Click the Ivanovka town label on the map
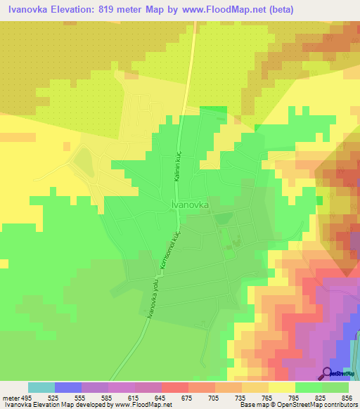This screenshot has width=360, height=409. point(191,204)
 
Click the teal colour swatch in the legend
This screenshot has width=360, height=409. point(41,387)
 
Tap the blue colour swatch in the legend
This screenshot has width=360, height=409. point(68,387)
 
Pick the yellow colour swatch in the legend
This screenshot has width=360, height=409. point(282,387)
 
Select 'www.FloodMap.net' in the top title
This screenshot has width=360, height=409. point(215,10)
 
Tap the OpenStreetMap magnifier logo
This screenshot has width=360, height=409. point(328,373)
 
